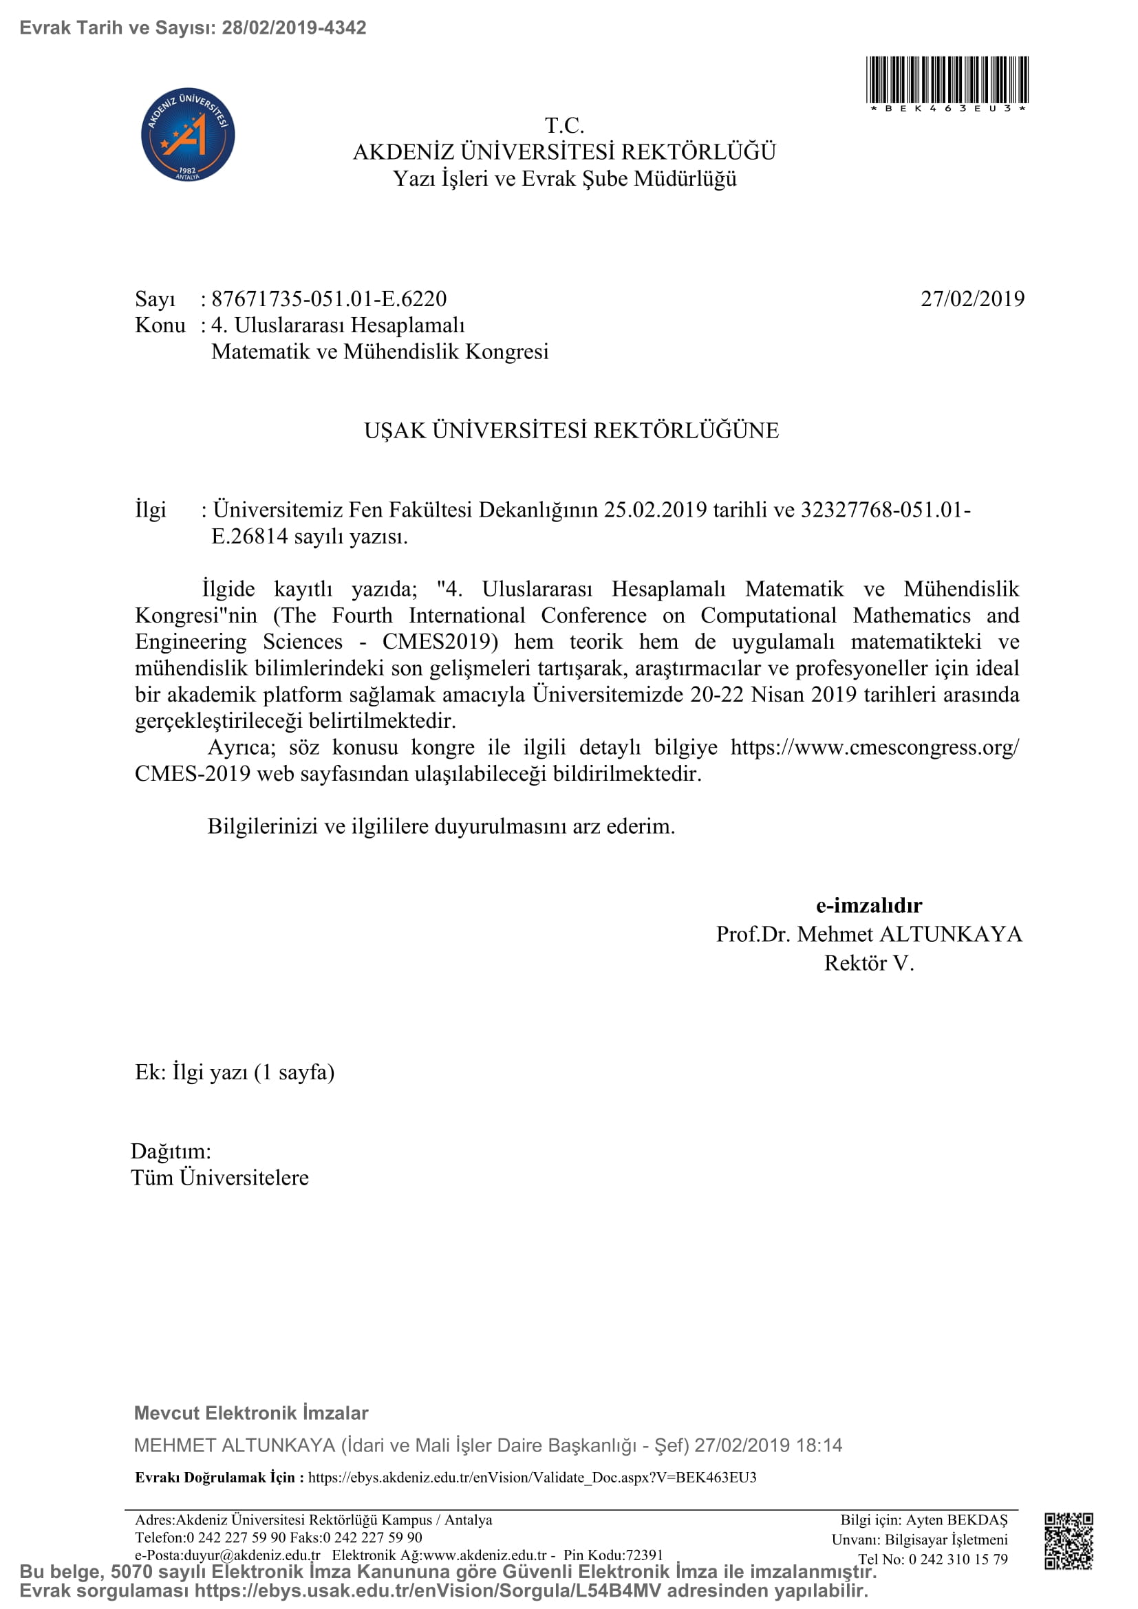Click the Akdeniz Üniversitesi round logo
[x=188, y=136]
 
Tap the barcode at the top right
[x=947, y=80]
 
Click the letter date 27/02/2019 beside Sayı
[x=972, y=299]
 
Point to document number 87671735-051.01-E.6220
[x=329, y=299]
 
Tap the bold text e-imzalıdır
[x=869, y=905]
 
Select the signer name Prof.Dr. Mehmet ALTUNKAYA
[x=869, y=934]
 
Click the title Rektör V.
[x=869, y=964]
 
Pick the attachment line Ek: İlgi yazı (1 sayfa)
[x=235, y=1072]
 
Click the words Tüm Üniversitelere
[x=220, y=1177]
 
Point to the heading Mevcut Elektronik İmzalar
[x=251, y=1413]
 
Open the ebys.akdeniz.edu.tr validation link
[x=532, y=1477]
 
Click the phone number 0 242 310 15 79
[x=958, y=1559]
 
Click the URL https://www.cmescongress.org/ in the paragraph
[x=874, y=748]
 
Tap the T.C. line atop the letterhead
[x=564, y=126]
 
